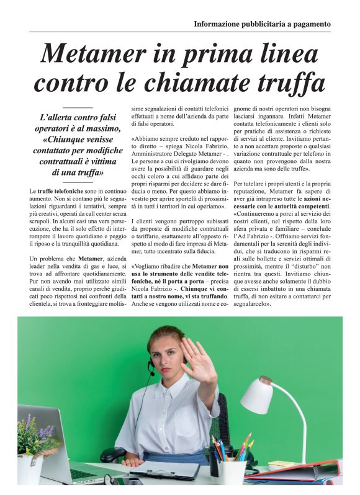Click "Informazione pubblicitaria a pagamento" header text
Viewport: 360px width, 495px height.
point(262,24)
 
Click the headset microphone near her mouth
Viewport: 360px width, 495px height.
point(151,372)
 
